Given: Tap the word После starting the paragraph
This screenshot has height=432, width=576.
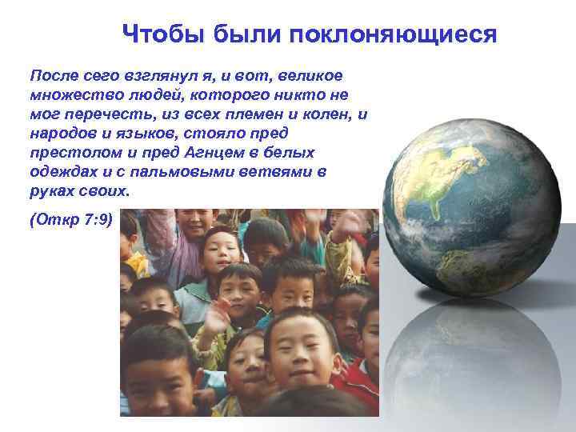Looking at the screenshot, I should pyautogui.click(x=54, y=75).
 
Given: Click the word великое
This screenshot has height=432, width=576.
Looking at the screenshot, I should pyautogui.click(x=309, y=75).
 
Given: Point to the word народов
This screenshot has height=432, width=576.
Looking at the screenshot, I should pyautogui.click(x=61, y=134).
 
